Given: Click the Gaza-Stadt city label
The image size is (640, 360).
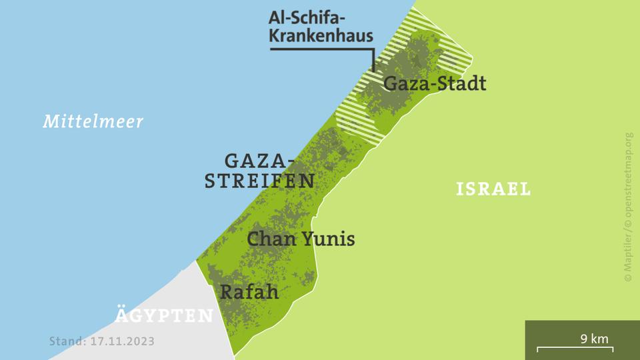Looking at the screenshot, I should [435, 84].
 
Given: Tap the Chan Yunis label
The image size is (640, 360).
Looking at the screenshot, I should [301, 239].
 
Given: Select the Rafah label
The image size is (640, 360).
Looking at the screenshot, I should [249, 291].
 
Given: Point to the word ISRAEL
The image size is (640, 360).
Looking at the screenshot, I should [493, 189].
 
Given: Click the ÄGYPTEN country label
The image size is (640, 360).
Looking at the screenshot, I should [164, 315].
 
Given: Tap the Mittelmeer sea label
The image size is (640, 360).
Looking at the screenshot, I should [93, 122].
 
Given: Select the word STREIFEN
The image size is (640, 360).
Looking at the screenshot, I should [259, 181].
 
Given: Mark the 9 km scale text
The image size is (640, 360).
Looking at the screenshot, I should [594, 339].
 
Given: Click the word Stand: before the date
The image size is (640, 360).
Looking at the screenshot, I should [67, 341].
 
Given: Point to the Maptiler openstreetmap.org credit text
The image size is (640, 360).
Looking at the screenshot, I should [628, 207].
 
